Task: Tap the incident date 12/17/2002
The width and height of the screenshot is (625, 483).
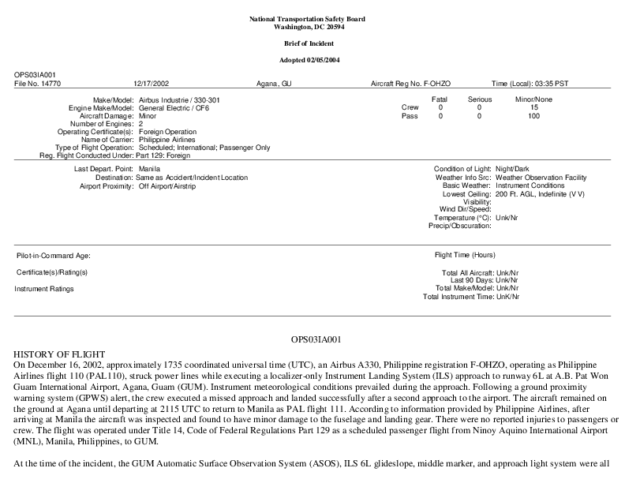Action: tap(151, 83)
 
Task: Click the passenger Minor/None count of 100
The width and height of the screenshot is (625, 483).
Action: tap(534, 116)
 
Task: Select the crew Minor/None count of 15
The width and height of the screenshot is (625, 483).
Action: tap(534, 107)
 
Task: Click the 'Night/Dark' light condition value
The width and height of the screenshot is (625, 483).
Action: tap(513, 170)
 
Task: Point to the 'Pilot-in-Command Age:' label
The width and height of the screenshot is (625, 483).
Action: tap(54, 256)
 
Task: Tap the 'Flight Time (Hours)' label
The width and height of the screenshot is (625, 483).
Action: tap(465, 255)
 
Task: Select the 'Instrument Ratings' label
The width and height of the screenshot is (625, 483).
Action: tap(44, 289)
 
